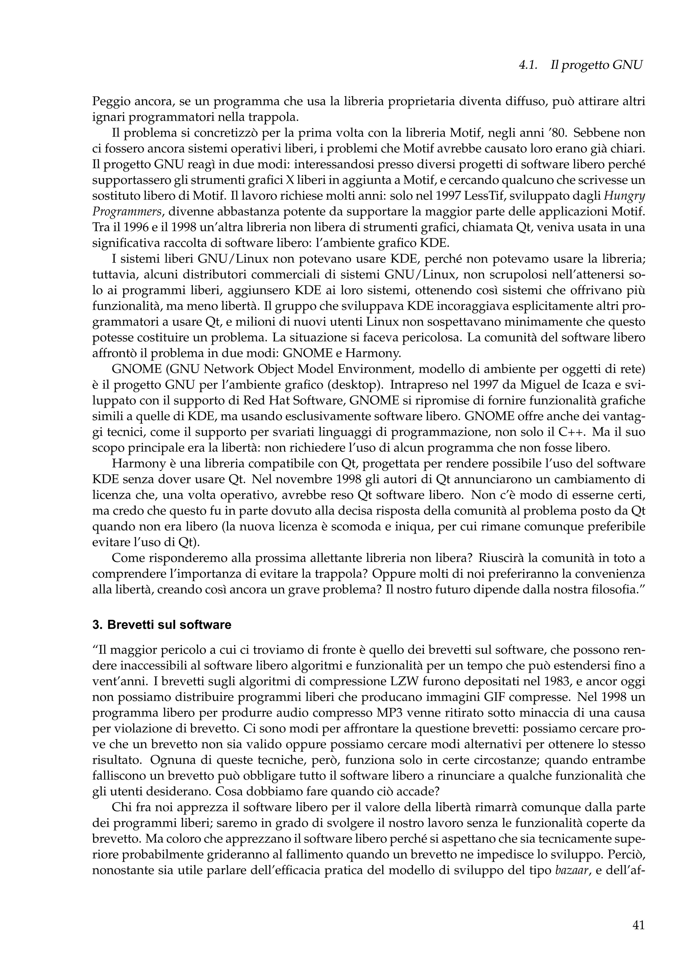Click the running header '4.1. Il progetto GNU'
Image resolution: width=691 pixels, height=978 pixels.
[x=580, y=65]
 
